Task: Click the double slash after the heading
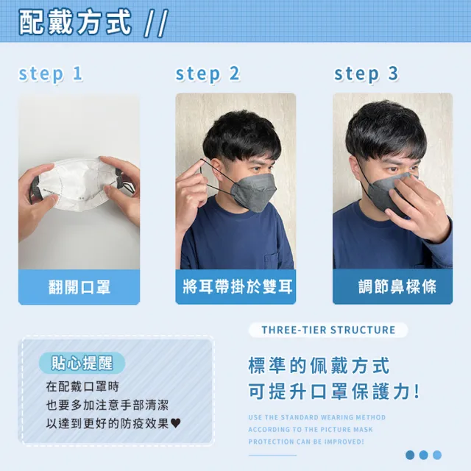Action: (x=155, y=23)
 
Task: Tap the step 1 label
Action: (x=51, y=74)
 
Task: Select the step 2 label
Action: (x=208, y=74)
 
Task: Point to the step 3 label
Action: (x=366, y=74)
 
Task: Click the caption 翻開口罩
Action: (x=79, y=286)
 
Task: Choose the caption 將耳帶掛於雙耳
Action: (x=235, y=286)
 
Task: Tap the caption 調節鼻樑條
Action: (x=392, y=286)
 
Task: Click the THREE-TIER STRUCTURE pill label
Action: (x=328, y=330)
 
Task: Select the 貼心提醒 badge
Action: (x=82, y=363)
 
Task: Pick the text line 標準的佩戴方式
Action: (x=319, y=365)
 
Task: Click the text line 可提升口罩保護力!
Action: (x=335, y=391)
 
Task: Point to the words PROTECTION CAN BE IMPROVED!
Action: (x=305, y=441)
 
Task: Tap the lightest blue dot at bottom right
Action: (x=437, y=455)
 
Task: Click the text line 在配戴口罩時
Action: (x=82, y=386)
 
